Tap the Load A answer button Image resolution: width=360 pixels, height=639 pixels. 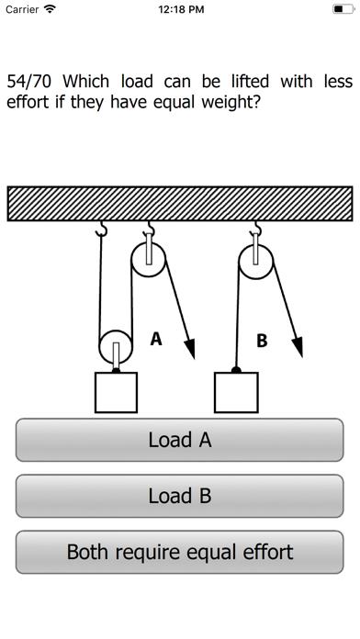tap(180, 440)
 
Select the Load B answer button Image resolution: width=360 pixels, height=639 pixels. tap(180, 496)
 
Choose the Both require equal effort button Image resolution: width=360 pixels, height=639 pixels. tap(180, 552)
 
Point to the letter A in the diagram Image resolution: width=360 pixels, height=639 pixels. tap(155, 339)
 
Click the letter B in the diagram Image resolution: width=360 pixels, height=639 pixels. tap(262, 341)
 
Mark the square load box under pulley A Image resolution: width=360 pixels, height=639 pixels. tap(117, 392)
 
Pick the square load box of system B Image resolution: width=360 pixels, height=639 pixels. tap(236, 392)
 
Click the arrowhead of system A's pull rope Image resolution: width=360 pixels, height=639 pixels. tap(190, 349)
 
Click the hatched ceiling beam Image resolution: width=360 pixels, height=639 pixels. tap(180, 203)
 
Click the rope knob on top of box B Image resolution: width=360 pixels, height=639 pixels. tap(236, 370)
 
